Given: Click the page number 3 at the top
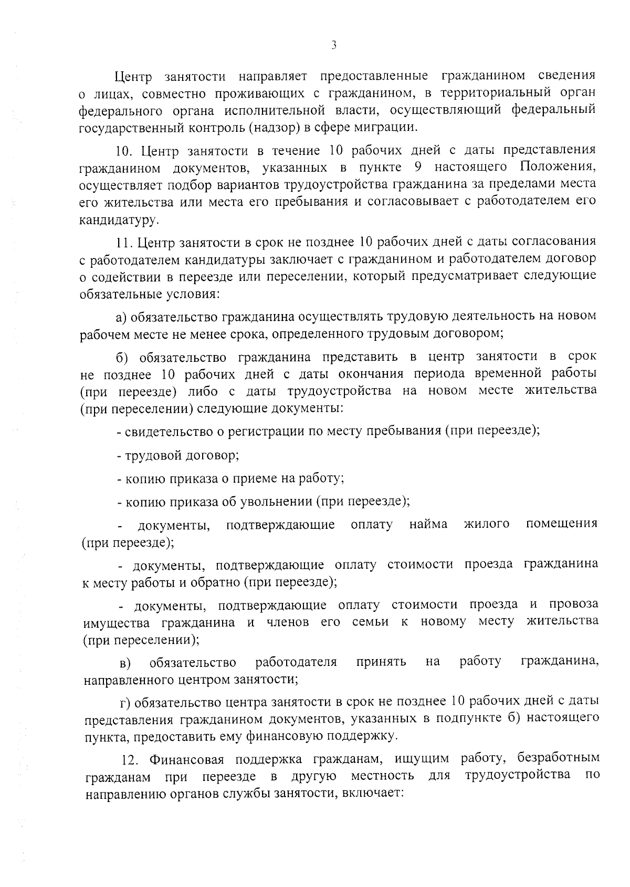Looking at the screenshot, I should (x=334, y=45).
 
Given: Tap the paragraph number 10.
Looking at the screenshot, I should (x=124, y=151).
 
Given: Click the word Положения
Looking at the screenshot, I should (x=558, y=167).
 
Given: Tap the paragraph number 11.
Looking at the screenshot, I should (x=124, y=242).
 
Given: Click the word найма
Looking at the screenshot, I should (x=428, y=524).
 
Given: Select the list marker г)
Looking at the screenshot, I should (x=125, y=703).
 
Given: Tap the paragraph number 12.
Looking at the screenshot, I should (x=129, y=760).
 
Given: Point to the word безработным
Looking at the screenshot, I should (x=558, y=758).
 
